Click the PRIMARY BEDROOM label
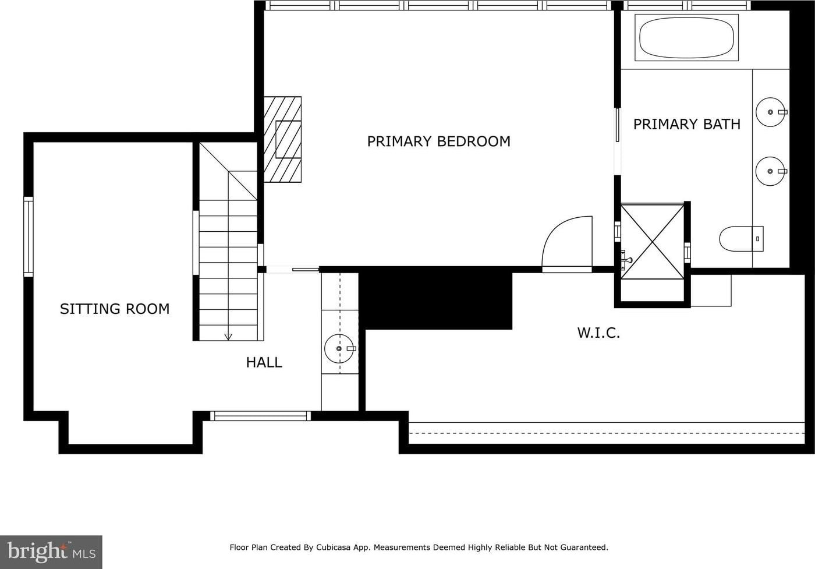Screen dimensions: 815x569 438,142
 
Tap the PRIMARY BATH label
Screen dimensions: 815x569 686,124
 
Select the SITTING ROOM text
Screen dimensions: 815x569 115,309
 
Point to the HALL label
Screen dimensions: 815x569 264,362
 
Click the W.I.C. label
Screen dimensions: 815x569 598,333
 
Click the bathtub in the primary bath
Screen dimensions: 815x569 686,37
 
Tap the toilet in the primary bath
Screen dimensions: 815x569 741,239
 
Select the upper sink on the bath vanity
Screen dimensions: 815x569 771,112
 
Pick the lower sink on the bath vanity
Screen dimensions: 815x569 771,171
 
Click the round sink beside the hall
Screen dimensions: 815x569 339,349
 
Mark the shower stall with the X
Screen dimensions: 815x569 653,242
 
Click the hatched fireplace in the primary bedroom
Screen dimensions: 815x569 282,139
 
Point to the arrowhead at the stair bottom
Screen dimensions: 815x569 228,337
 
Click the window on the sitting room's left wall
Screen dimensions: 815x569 29,236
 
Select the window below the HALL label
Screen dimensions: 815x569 261,416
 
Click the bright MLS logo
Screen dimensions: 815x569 51,552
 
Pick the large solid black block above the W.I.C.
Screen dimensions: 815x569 435,301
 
